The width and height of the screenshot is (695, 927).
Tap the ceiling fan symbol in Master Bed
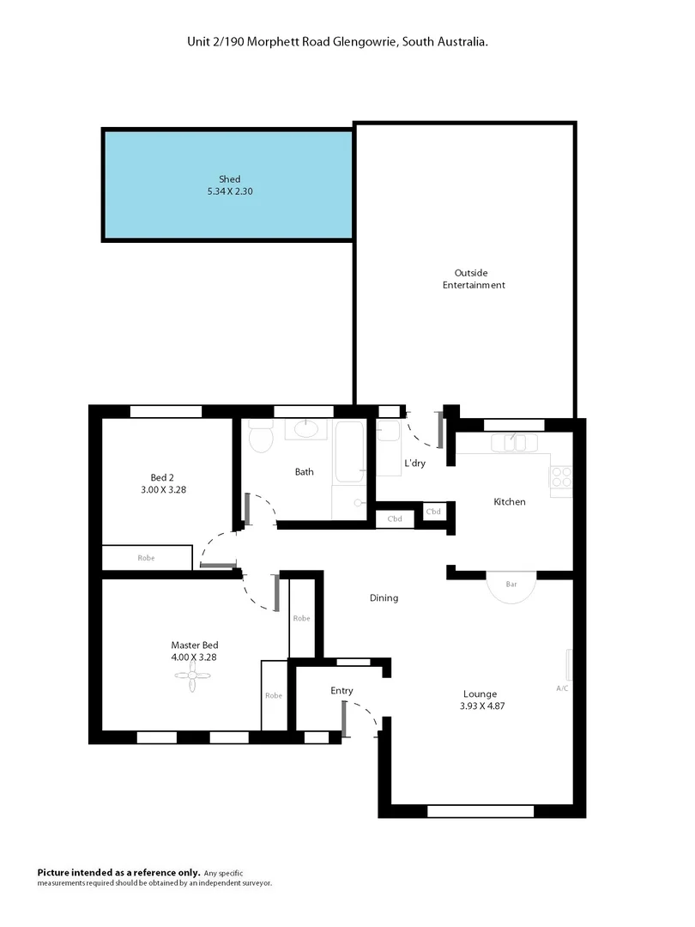[193, 677]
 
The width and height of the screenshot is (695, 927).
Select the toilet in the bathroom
[260, 439]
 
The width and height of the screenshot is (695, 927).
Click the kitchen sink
[513, 443]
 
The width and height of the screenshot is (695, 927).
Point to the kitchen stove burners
[561, 476]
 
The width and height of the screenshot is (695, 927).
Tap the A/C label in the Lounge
[562, 688]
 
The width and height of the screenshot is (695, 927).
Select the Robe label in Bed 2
[146, 558]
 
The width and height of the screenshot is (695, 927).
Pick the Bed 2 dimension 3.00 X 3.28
[162, 489]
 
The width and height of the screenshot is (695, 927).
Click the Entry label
[341, 690]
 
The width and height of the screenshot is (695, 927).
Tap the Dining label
[384, 597]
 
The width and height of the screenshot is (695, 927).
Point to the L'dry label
[414, 463]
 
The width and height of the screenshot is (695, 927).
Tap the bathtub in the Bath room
[350, 451]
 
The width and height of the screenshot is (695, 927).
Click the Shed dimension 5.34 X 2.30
[229, 191]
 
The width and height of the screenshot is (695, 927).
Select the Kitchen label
[509, 501]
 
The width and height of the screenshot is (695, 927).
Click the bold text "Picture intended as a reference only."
[118, 871]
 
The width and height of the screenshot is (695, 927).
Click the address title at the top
[338, 40]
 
